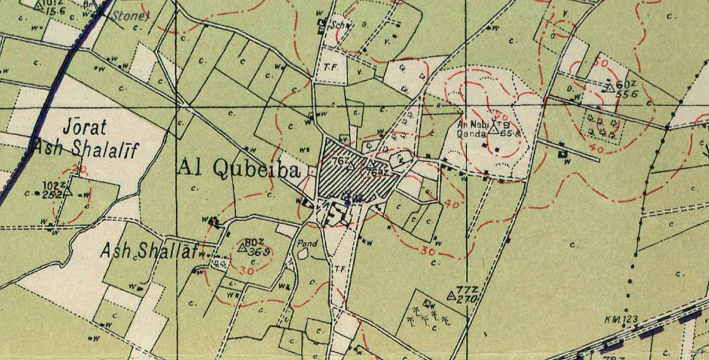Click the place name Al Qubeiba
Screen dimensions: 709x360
(x=239, y=169)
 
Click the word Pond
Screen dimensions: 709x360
(x=308, y=244)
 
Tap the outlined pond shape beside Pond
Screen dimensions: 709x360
(x=302, y=253)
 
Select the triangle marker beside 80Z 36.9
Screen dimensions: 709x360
(x=241, y=247)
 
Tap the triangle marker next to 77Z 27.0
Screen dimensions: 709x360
(x=451, y=296)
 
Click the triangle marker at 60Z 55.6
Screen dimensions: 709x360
(x=609, y=88)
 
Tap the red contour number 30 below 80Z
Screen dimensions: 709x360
(x=247, y=271)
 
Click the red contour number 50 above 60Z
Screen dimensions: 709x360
(x=599, y=61)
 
